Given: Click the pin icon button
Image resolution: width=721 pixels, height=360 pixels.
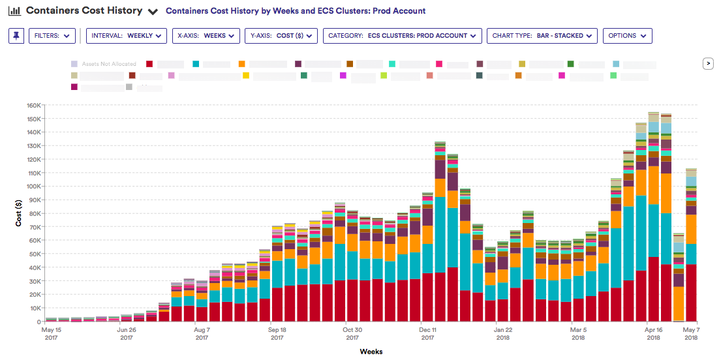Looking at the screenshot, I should [16, 36].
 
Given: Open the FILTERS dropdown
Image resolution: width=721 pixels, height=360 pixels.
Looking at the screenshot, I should [52, 36].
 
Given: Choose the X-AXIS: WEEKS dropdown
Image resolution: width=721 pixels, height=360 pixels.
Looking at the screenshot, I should [206, 36].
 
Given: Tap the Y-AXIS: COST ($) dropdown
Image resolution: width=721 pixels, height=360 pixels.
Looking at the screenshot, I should [281, 36].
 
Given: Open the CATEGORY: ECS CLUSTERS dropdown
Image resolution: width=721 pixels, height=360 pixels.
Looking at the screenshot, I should [402, 36].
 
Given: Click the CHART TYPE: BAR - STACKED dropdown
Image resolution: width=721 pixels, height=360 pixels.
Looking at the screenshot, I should [542, 36].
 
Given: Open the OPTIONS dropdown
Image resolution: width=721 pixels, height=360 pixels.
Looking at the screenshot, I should [627, 36].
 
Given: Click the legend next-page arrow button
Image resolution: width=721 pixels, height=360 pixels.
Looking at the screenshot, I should [707, 63].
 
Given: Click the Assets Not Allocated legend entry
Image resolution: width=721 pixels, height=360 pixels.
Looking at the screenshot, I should [104, 64].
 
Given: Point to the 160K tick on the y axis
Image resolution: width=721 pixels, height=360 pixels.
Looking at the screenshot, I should [33, 105].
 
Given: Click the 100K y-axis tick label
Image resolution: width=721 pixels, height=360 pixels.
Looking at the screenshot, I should [33, 187].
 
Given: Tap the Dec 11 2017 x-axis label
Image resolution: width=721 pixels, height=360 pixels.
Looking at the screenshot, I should [428, 334].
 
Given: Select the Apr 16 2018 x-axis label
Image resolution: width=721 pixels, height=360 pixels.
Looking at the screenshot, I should [653, 334].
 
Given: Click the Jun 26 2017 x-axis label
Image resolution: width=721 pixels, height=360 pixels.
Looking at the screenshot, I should [127, 334].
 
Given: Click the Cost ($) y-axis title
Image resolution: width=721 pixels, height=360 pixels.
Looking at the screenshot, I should [19, 213].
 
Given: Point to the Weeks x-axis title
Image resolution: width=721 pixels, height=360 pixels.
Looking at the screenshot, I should [371, 352].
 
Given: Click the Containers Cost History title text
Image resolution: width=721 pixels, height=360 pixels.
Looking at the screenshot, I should [84, 11].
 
